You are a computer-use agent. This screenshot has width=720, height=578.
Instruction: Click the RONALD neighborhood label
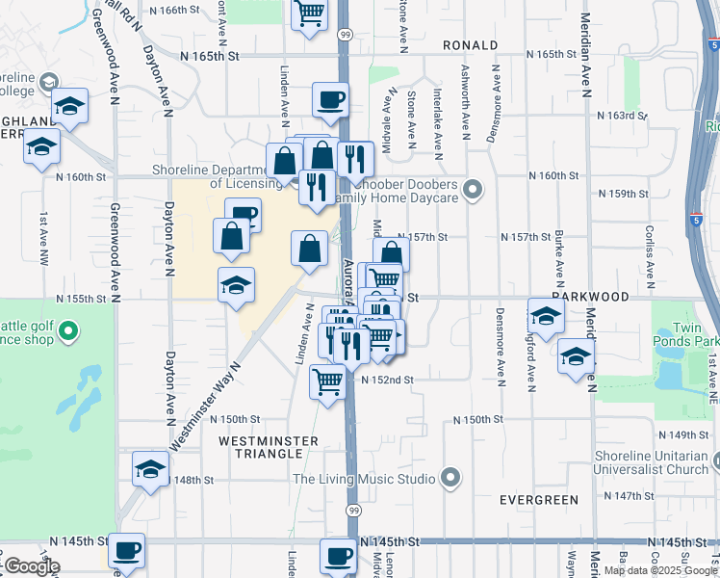tap(471, 45)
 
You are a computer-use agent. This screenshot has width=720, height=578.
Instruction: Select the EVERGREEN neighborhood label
tap(539, 500)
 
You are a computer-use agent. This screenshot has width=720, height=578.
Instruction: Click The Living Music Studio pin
tap(450, 477)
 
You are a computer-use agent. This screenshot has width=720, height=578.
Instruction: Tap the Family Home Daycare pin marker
tap(472, 189)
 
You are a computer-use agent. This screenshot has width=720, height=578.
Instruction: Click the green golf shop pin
tap(67, 333)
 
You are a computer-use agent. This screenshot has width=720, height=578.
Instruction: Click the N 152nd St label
tap(387, 381)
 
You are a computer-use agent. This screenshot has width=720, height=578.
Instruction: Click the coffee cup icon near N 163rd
tap(330, 99)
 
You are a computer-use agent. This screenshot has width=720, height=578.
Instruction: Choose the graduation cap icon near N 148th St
tap(150, 468)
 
